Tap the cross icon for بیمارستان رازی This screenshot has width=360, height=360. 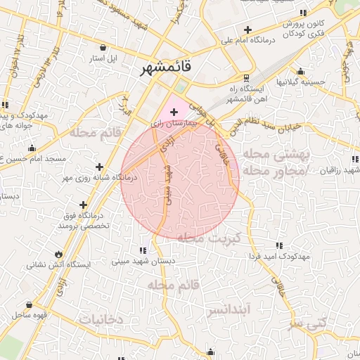click(x=174, y=112)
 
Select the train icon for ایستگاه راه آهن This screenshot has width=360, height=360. click(x=245, y=78)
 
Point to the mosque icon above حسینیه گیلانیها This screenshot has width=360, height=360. click(x=300, y=71)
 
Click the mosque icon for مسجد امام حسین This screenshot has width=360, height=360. click(x=31, y=148)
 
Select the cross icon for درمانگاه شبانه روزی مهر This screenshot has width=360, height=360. click(x=99, y=167)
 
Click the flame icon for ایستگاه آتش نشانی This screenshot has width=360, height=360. click(x=58, y=254)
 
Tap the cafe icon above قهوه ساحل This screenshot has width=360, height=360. click(x=29, y=305)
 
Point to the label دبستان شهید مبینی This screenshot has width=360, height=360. click(x=143, y=261)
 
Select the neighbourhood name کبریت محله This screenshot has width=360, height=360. click(x=209, y=238)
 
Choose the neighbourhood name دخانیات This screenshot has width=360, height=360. click(x=101, y=319)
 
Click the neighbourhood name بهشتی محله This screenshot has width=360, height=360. click(x=275, y=154)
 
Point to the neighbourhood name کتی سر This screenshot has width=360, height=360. click(x=308, y=323)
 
